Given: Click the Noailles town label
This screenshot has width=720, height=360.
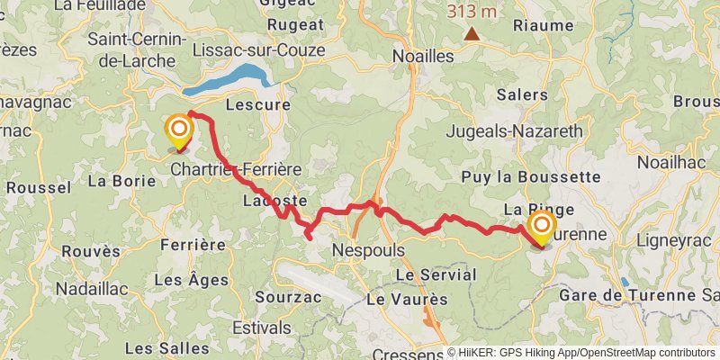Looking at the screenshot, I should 423,56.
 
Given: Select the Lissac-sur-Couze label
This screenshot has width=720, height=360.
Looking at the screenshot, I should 258,50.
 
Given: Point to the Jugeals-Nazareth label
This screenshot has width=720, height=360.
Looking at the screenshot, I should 514,131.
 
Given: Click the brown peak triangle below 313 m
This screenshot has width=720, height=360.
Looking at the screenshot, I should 472,34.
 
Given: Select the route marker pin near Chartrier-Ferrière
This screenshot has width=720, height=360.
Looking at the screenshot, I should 178,131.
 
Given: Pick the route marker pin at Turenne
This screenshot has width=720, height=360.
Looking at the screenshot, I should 542,227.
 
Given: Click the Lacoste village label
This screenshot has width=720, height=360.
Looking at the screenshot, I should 274,201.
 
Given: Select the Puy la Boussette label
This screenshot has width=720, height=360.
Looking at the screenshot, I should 529,177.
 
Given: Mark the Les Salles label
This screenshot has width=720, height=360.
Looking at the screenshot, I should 162,347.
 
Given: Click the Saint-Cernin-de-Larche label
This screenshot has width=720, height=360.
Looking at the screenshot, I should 137,50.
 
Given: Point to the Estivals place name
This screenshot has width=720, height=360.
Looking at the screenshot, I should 261,328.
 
